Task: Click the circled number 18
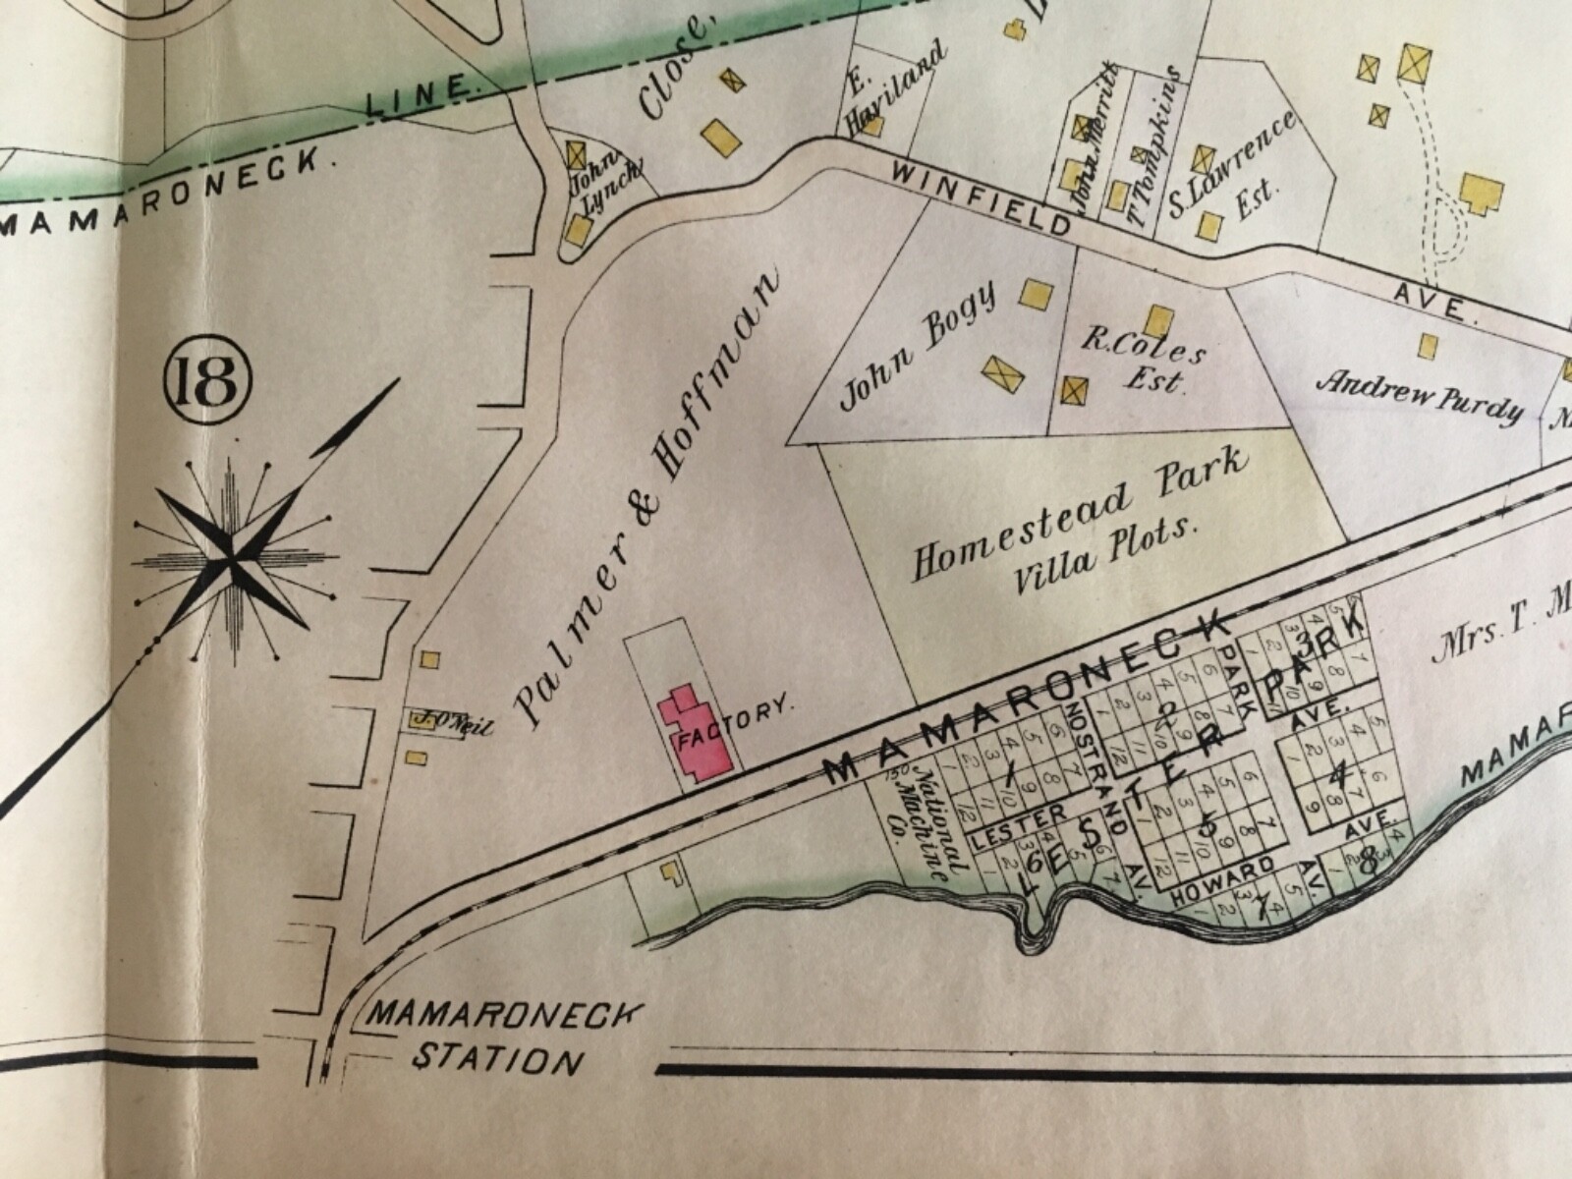[210, 387]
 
